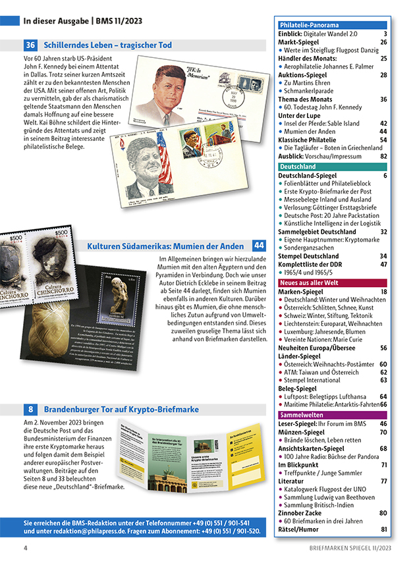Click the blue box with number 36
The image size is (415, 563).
[30, 45]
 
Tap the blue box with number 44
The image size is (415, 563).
[259, 246]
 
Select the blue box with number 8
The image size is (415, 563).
[30, 409]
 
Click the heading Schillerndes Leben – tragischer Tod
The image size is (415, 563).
[107, 45]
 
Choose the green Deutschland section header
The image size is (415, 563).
[298, 167]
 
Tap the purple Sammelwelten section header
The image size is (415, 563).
[302, 416]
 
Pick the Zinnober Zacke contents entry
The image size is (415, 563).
[304, 513]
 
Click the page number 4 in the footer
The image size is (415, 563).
[25, 548]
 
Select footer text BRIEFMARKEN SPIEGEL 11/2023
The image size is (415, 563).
[350, 548]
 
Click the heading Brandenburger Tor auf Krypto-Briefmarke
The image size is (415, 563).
[121, 409]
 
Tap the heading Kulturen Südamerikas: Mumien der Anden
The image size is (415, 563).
[167, 246]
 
